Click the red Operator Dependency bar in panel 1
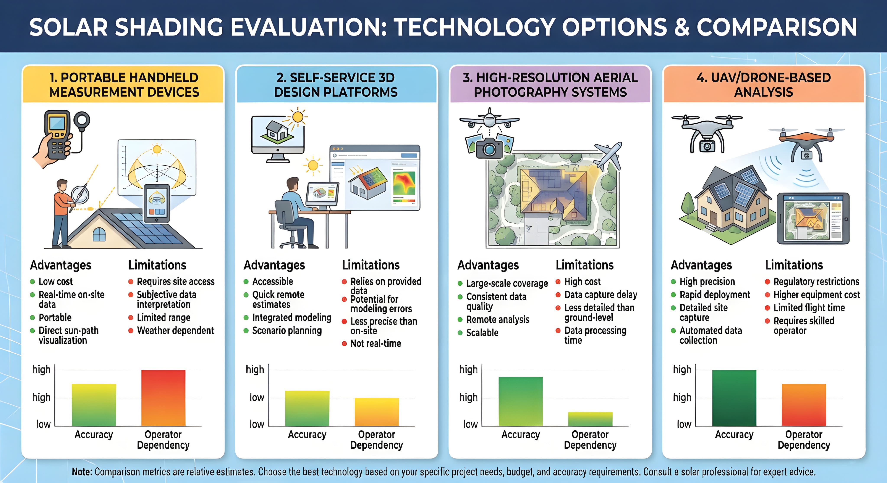(x=163, y=398)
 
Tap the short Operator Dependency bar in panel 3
(x=590, y=419)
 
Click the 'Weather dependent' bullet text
(x=175, y=331)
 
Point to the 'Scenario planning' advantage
(x=287, y=331)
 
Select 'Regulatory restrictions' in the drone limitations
(x=816, y=282)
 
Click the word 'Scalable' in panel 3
(x=482, y=333)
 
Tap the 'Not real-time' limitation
(x=376, y=343)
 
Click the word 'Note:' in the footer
(x=82, y=472)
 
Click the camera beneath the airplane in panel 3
(x=489, y=148)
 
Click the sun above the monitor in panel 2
(x=298, y=117)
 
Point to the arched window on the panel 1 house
(x=99, y=234)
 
